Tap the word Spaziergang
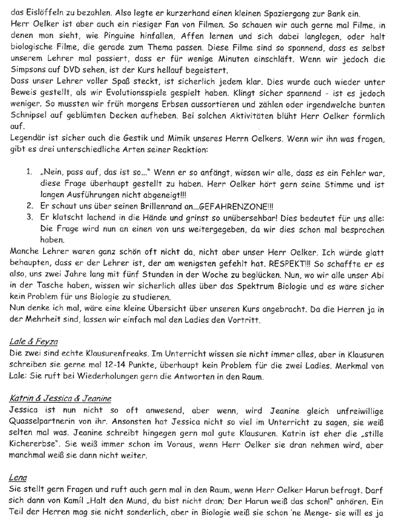(x=277, y=7)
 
